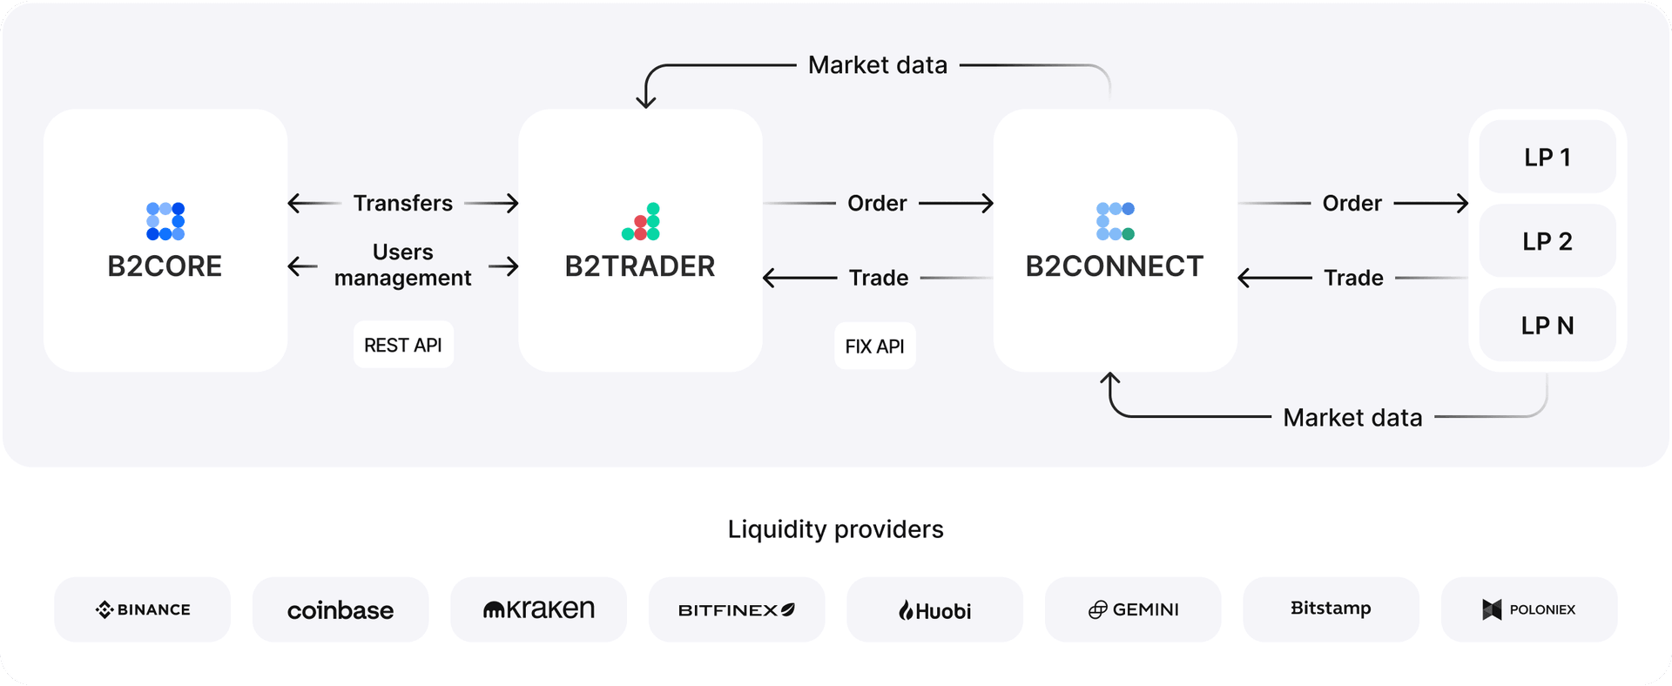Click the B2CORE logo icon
coord(165,221)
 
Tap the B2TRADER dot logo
coord(641,222)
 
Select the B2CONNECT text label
coord(1115,266)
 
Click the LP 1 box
coord(1547,158)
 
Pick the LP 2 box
coord(1547,241)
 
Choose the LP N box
coord(1547,326)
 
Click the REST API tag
coord(403,346)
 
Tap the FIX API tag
coord(874,346)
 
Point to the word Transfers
coord(403,204)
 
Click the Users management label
coord(403,265)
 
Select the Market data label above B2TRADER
coord(878,65)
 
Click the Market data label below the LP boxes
coord(1352,418)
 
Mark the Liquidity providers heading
coord(836,529)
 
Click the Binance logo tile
coord(143,609)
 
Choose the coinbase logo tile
coord(340,609)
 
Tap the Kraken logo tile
coord(539,609)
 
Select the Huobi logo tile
coord(935,609)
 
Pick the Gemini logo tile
coord(1133,609)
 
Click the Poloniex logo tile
coord(1529,609)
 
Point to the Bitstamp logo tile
coord(1331,609)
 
